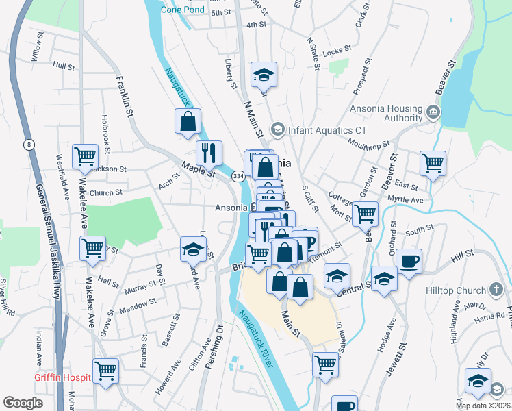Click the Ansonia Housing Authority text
pos(386,113)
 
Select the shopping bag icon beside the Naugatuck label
pos(188,122)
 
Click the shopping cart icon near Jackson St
pos(85,156)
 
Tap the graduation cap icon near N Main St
pos(263,74)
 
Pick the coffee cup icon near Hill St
pos(409,261)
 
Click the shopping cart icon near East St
pos(433,163)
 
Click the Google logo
pos(23,403)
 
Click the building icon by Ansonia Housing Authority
pos(433,112)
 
